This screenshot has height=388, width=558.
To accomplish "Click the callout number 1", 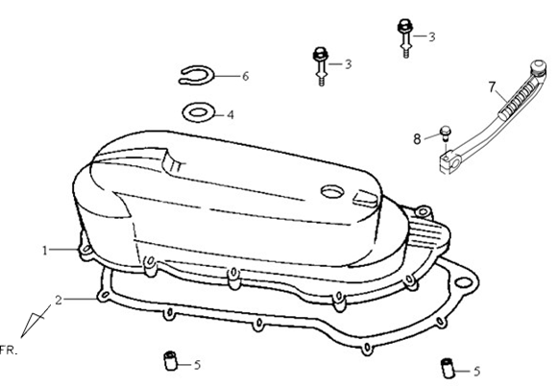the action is pos(45,251).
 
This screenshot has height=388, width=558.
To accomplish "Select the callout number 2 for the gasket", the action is pos(59,300).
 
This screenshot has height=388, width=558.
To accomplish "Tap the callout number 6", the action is pos(245,76).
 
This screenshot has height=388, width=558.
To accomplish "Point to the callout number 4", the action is pos(230,115).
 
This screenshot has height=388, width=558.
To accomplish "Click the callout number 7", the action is pos(492,86).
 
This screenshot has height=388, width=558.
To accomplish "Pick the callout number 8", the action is pos(417,139).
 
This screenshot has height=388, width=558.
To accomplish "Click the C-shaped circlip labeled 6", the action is pos(196,76).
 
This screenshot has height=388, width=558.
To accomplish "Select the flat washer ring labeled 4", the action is pos(199,112).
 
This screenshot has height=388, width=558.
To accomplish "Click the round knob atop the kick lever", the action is pos(539,67).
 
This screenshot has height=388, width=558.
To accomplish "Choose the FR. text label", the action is pos(9,351).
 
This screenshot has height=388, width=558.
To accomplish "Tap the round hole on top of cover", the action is pos(332,192).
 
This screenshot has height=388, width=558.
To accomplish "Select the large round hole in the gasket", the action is pos(464,282).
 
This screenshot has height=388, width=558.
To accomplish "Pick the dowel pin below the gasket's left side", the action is pos(170,360).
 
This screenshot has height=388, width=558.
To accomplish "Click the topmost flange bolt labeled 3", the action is pos(405,38).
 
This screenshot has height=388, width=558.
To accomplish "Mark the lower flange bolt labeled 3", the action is pos(321,66).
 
